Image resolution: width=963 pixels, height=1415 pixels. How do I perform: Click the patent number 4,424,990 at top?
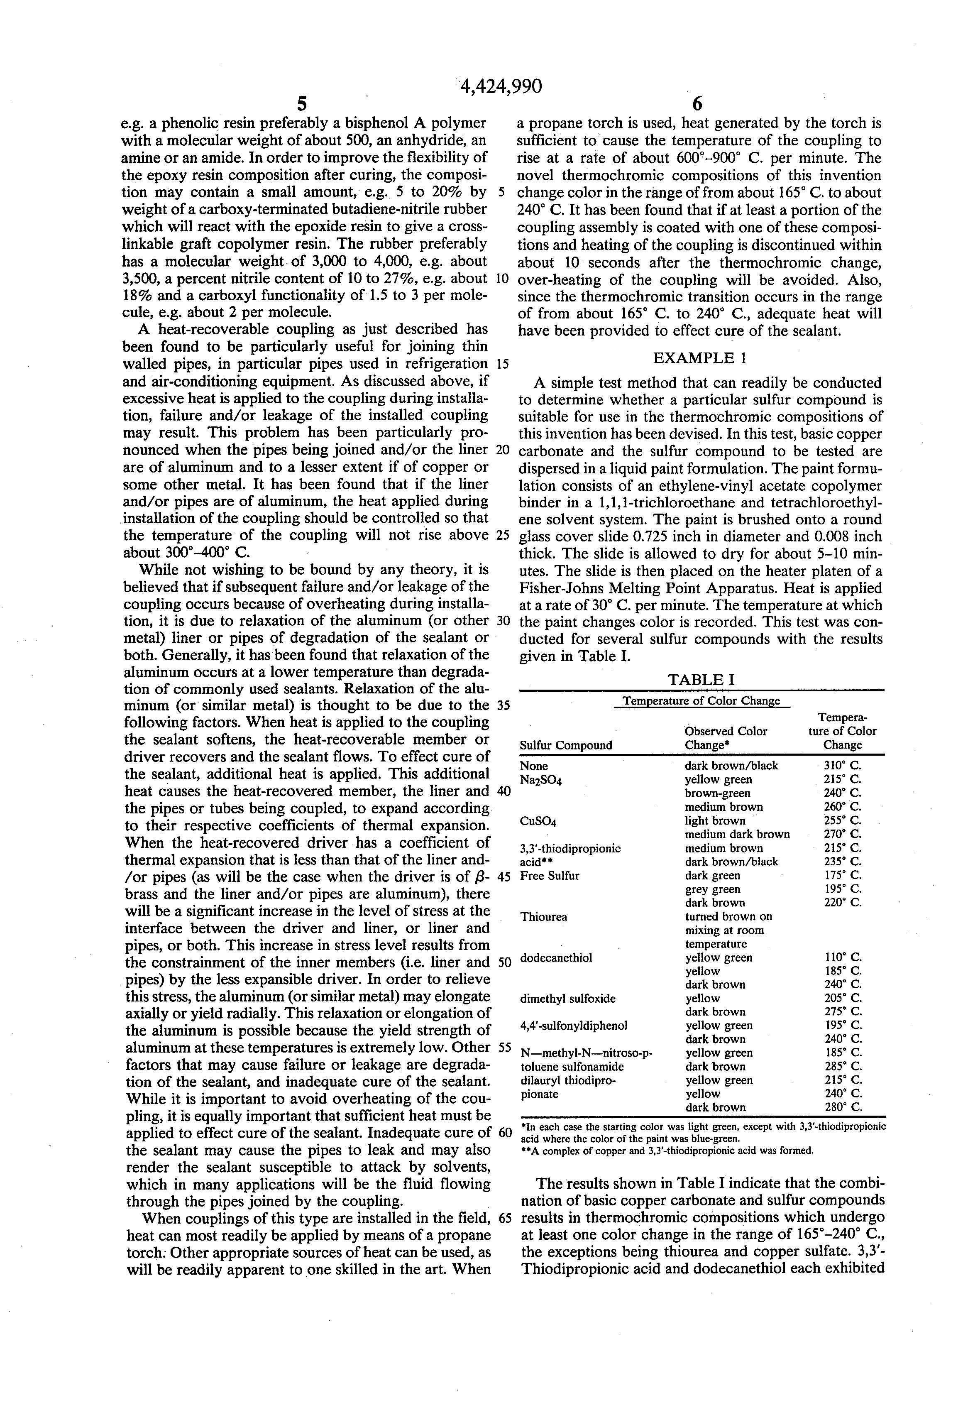(500, 87)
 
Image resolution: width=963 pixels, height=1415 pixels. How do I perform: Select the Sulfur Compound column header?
(565, 745)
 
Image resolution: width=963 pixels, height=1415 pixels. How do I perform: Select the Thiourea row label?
(544, 917)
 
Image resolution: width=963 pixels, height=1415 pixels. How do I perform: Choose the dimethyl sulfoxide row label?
(567, 999)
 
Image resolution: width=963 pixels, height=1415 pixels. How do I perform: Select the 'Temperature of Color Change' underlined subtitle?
(702, 701)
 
